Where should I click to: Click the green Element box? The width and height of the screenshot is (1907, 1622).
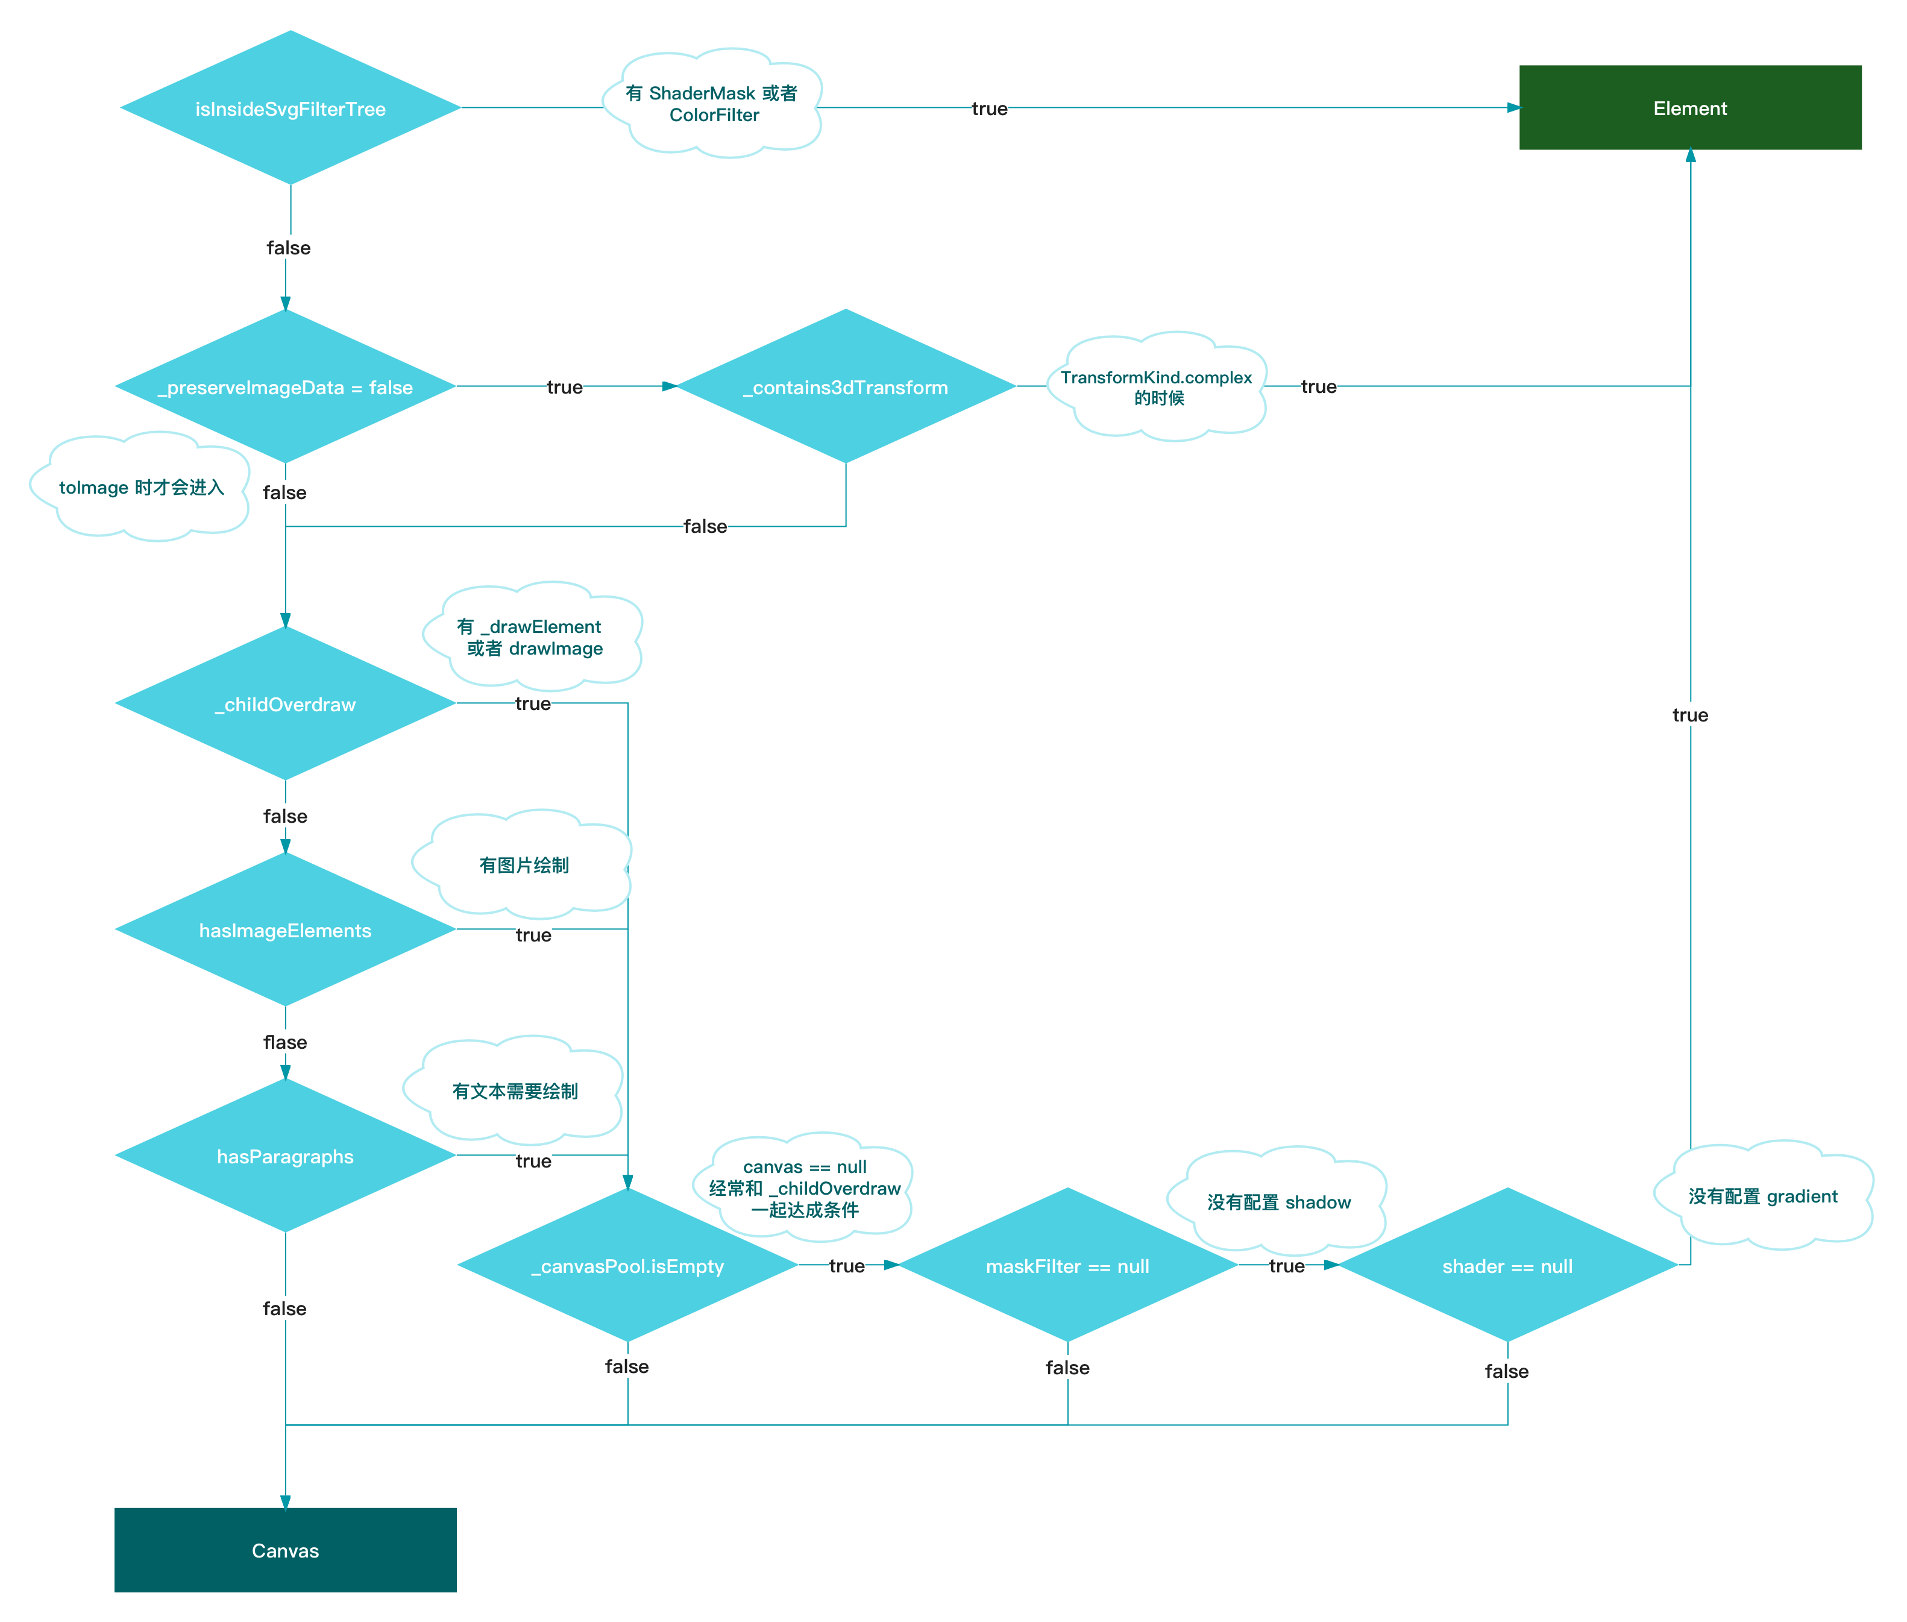click(x=1690, y=107)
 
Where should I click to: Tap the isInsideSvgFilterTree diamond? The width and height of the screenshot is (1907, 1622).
click(x=290, y=108)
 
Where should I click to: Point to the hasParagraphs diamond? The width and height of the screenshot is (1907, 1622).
click(x=285, y=1156)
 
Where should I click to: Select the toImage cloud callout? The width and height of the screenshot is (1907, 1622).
click(x=140, y=486)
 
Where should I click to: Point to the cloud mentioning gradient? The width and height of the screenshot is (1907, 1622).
click(x=1762, y=1195)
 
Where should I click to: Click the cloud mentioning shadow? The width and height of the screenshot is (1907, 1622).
click(x=1278, y=1201)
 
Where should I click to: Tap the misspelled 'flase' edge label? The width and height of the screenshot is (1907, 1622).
click(x=285, y=1042)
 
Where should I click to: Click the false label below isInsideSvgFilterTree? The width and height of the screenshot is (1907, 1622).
click(x=289, y=247)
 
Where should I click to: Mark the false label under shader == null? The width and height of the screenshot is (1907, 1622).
click(x=1506, y=1371)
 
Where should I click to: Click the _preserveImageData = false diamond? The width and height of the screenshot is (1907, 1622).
click(x=285, y=386)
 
